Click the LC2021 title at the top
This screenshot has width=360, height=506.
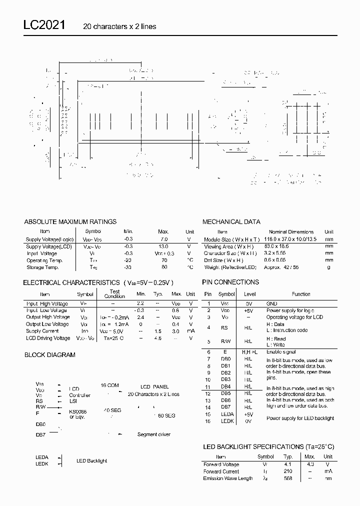[x=43, y=26]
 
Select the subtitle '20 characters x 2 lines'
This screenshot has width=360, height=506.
[x=119, y=26]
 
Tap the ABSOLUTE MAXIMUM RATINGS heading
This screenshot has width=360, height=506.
[x=70, y=221]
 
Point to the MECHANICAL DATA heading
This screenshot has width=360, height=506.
[x=231, y=221]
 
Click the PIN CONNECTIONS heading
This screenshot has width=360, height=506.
[x=230, y=282]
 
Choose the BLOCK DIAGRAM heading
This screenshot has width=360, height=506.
[x=50, y=355]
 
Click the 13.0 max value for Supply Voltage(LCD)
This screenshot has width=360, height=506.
[x=163, y=246]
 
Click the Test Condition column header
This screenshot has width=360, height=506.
[x=114, y=294]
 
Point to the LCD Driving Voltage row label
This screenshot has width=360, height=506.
[x=48, y=338]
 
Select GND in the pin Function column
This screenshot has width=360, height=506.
[x=271, y=303]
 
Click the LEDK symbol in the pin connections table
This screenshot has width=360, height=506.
[x=226, y=421]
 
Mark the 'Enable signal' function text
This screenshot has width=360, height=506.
[x=280, y=352]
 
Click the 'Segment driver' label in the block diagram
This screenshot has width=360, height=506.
[x=153, y=434]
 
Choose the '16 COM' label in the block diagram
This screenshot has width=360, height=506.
[x=109, y=385]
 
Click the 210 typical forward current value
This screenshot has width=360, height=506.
[x=288, y=471]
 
